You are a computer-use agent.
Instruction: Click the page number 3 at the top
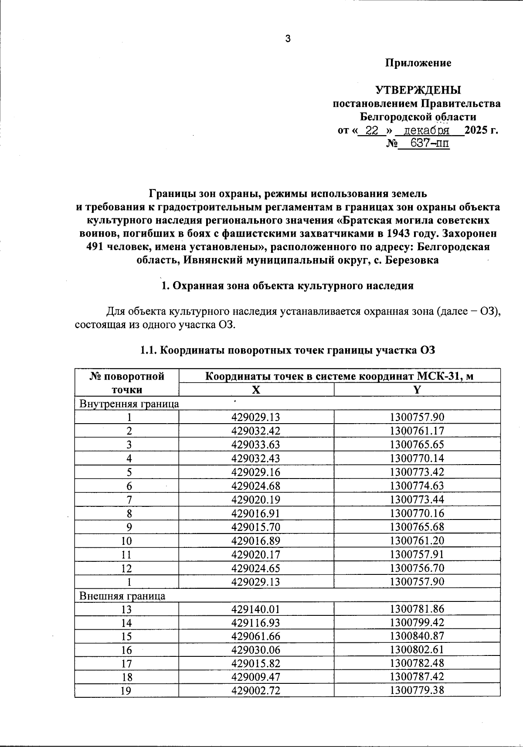(288, 39)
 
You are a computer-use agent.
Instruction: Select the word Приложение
(418, 63)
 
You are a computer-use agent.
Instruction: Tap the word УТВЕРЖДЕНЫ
(418, 90)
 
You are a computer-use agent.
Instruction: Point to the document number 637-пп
(430, 143)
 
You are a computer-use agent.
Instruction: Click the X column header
(256, 390)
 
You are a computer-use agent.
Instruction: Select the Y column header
(417, 390)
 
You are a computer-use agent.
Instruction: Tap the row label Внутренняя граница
(129, 404)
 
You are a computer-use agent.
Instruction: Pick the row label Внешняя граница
(122, 596)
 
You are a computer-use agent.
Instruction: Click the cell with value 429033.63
(256, 445)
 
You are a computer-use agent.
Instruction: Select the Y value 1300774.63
(417, 486)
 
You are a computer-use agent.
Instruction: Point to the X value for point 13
(256, 609)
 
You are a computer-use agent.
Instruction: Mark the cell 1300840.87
(417, 636)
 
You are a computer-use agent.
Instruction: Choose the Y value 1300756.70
(417, 568)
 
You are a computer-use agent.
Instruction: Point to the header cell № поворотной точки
(127, 383)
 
